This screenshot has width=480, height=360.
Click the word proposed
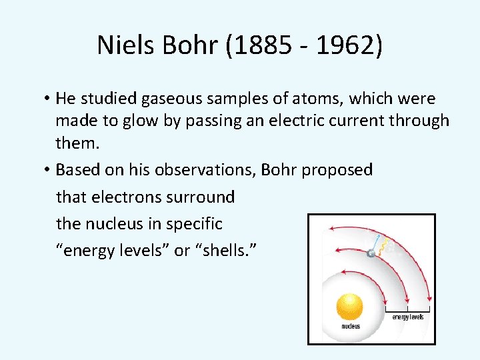(337, 171)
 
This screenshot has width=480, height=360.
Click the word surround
(201, 197)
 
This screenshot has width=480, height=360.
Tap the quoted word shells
(231, 251)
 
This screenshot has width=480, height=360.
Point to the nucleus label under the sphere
(351, 327)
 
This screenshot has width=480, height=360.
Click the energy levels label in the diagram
(407, 317)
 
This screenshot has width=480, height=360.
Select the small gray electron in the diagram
(371, 253)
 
